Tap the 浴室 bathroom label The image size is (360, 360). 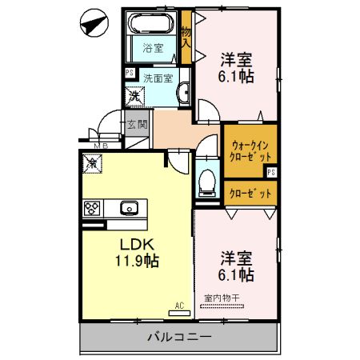[x=153, y=48]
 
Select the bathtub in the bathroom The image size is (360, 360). [x=153, y=23]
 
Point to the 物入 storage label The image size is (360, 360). [x=186, y=38]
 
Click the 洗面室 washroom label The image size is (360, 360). [x=158, y=78]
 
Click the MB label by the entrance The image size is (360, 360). [x=100, y=146]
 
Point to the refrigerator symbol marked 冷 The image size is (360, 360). [x=91, y=163]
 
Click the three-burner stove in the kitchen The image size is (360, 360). [x=91, y=208]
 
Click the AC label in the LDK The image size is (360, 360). [x=179, y=306]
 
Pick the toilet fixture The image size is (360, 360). [x=206, y=181]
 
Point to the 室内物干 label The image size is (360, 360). [x=226, y=298]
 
